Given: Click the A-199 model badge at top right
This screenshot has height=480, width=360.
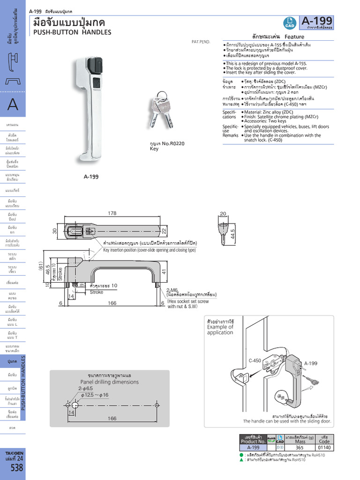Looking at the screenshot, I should [317, 21].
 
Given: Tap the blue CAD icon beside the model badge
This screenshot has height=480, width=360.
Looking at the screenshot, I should [289, 22].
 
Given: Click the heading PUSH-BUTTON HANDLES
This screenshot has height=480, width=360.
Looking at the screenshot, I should [72, 32].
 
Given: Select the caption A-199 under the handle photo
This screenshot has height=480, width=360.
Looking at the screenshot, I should [91, 177].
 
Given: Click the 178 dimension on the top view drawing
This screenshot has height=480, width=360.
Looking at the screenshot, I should [112, 213].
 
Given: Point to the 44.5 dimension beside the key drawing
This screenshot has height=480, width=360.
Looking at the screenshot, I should [233, 233].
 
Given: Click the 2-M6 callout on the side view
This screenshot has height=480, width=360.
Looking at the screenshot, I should [172, 290].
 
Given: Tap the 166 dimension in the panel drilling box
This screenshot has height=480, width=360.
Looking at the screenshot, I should [112, 418].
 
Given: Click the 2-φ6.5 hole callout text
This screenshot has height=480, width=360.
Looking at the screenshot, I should [86, 389].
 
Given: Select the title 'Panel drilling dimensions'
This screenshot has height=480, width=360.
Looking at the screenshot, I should [109, 382].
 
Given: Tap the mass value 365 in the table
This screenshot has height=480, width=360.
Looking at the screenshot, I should [299, 448].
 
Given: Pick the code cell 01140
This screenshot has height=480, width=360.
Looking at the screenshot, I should [324, 448].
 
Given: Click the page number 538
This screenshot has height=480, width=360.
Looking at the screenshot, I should [13, 468].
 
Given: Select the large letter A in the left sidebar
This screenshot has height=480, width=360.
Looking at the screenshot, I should [13, 105].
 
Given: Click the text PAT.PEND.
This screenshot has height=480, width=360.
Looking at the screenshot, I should [201, 42].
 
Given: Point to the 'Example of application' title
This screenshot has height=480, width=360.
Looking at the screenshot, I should [220, 330].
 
